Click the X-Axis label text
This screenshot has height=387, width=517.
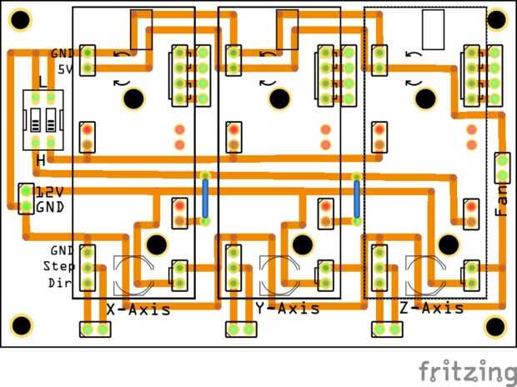click(x=139, y=309)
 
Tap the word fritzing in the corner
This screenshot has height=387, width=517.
click(x=467, y=369)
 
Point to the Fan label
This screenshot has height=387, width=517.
click(x=501, y=200)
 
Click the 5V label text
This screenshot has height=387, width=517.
click(x=65, y=69)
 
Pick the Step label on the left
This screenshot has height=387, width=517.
click(x=59, y=266)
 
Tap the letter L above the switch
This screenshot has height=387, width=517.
click(x=42, y=83)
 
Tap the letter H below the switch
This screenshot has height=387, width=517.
click(x=40, y=159)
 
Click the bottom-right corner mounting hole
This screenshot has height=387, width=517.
click(x=496, y=325)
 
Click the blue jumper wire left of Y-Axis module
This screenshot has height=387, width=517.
click(x=205, y=197)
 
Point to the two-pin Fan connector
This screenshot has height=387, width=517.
click(x=502, y=167)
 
